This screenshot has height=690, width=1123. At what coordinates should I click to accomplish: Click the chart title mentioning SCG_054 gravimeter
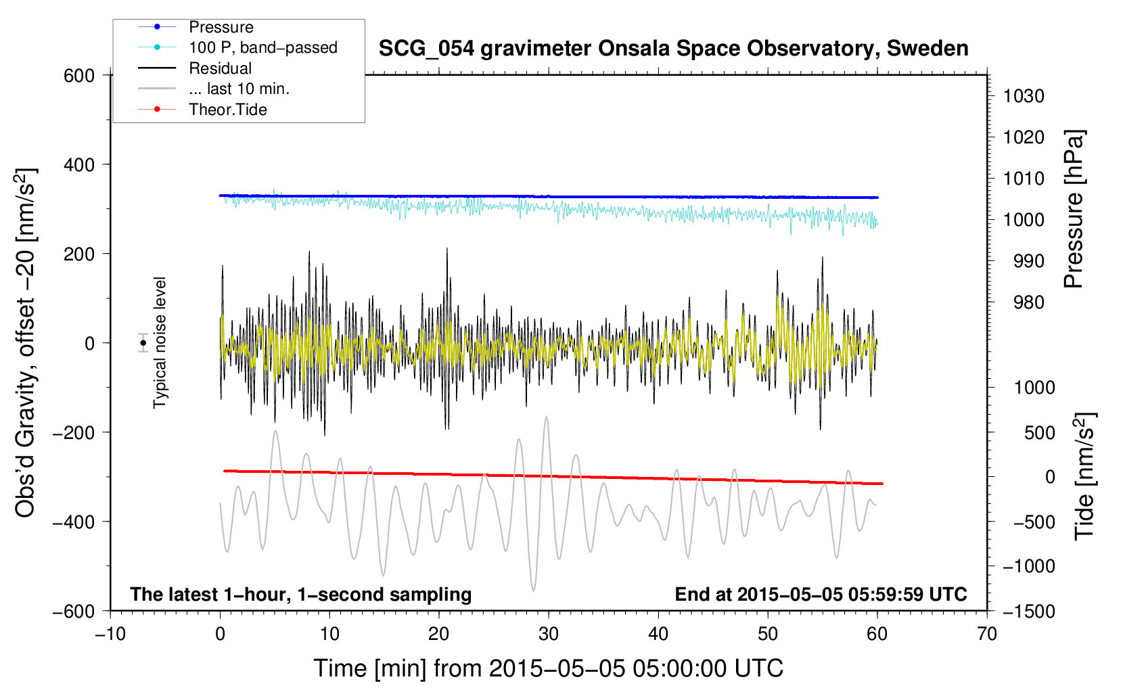(673, 49)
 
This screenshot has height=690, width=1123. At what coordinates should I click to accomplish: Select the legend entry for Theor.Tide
(202, 110)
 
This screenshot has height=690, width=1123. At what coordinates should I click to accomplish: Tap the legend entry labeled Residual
(195, 68)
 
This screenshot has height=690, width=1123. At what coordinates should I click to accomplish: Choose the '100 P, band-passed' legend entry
(237, 47)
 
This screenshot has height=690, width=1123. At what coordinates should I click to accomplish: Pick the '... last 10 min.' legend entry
(214, 89)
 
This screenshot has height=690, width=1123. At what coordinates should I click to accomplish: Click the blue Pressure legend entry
(196, 26)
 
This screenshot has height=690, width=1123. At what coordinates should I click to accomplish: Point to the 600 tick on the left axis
(79, 76)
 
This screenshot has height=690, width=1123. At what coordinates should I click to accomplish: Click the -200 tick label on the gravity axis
(74, 432)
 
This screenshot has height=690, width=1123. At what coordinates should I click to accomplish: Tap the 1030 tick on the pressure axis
(1024, 96)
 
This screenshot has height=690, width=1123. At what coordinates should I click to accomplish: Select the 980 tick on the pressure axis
(1029, 302)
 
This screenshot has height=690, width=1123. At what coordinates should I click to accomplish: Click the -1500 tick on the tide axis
(1029, 612)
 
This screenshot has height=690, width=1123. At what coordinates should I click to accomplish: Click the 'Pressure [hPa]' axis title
(1074, 209)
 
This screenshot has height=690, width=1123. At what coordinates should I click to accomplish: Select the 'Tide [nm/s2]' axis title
(1085, 476)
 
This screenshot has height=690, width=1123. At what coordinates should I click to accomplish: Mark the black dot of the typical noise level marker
(143, 343)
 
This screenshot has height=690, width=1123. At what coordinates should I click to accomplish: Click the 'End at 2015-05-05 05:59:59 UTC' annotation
(821, 594)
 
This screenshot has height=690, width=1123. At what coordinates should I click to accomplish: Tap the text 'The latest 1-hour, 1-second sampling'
(301, 595)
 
